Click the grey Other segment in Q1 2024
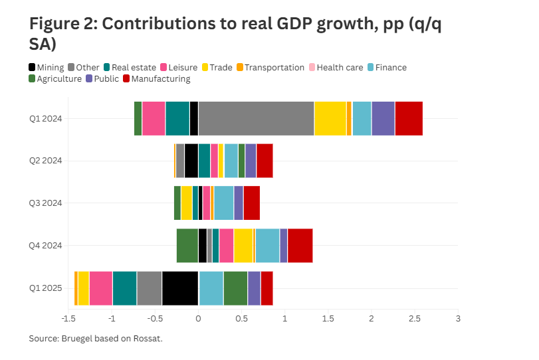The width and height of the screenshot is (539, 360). click(x=256, y=118)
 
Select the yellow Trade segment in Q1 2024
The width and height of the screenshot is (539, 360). click(x=330, y=118)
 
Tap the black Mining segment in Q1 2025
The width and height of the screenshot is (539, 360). click(x=180, y=288)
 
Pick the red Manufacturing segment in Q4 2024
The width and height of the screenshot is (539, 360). click(x=300, y=246)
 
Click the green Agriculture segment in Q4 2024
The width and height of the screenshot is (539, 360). click(x=187, y=246)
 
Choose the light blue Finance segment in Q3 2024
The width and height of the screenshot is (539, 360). click(x=224, y=203)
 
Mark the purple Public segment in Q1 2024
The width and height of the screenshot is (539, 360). click(x=383, y=118)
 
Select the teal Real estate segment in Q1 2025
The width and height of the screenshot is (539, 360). click(x=124, y=288)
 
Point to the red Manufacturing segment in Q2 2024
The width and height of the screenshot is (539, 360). click(x=265, y=161)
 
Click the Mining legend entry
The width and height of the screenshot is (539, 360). click(x=47, y=67)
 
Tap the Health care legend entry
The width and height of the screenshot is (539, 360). click(x=339, y=67)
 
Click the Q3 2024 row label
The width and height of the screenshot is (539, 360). click(x=45, y=203)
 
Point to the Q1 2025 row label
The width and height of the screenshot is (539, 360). click(x=45, y=288)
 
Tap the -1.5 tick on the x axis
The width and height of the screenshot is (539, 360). click(x=68, y=319)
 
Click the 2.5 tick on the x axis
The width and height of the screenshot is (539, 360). click(x=415, y=319)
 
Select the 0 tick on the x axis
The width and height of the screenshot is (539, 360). click(x=198, y=319)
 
